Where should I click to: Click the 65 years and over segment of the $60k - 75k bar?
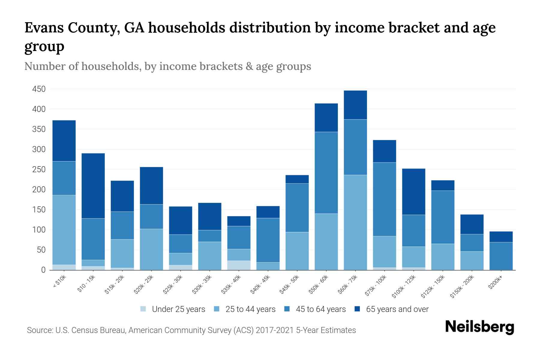(x=355, y=105)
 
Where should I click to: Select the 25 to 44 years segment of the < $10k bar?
(x=64, y=230)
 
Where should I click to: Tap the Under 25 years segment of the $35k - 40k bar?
(x=239, y=265)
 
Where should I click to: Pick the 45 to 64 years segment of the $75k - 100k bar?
(x=384, y=199)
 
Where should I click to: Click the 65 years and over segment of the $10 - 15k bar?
(x=93, y=186)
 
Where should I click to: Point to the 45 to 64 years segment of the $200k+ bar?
(x=501, y=256)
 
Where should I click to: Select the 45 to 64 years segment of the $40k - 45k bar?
(x=268, y=240)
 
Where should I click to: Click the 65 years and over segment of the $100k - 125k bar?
(x=414, y=192)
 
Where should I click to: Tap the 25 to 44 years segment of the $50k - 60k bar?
(x=326, y=241)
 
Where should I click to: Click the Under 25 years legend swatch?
(x=143, y=309)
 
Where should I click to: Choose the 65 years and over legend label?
(x=397, y=309)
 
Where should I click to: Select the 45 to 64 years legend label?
(x=321, y=309)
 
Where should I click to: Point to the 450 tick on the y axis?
(x=39, y=89)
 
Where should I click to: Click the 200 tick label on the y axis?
(x=39, y=190)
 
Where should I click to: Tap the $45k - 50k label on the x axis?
(x=289, y=284)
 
